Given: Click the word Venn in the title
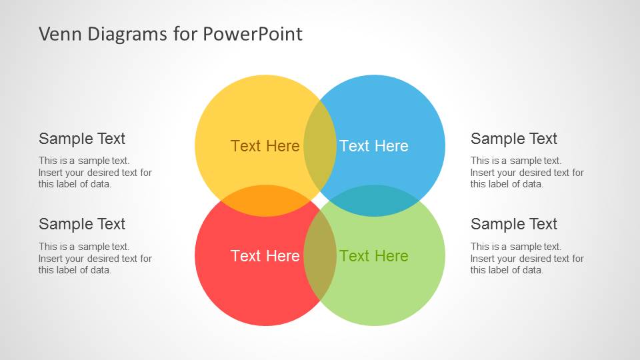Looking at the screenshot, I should point(57,33).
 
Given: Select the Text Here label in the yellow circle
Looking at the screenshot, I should point(265,146).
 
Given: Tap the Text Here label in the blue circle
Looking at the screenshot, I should point(373,146).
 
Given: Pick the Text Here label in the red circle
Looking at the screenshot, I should point(265,256).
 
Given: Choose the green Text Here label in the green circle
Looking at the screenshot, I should point(373,256).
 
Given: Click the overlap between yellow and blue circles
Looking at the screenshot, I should point(320,146).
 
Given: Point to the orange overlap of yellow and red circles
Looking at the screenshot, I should point(266,201).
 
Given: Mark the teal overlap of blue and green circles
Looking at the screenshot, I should point(374,201).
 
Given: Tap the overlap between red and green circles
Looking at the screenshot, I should point(320,256).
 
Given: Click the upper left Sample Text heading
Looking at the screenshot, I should point(82,139).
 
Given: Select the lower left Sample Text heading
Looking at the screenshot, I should point(82,224).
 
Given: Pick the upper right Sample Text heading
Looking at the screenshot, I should point(513,139).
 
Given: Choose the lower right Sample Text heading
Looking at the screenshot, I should point(513,224).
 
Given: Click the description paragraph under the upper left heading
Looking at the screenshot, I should point(95,172).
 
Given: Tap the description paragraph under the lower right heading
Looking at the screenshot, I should point(527,258).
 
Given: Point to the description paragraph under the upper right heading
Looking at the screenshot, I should point(527,172).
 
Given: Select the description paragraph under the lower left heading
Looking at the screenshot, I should point(95,258).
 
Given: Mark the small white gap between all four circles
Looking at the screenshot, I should point(320,201).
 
